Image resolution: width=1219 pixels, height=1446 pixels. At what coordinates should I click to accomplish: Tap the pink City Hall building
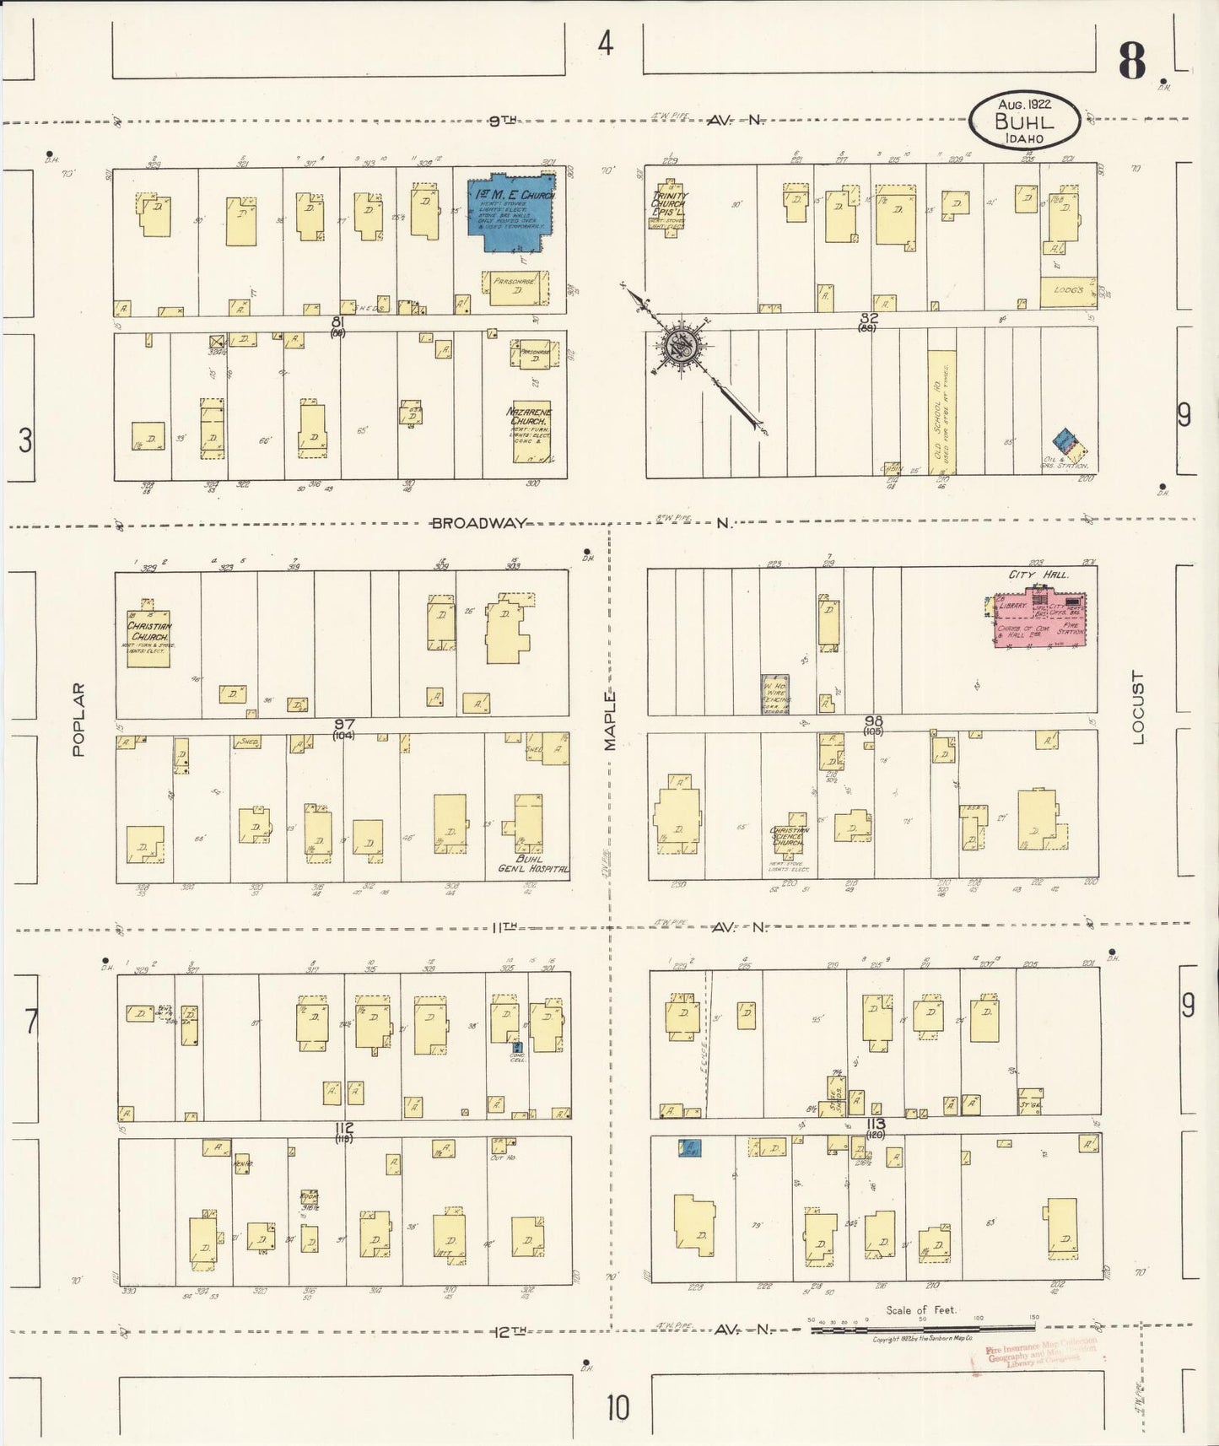(x=1039, y=620)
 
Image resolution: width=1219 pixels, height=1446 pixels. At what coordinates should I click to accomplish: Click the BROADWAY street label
(x=478, y=523)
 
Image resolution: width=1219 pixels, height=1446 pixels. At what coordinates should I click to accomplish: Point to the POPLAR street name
(x=78, y=719)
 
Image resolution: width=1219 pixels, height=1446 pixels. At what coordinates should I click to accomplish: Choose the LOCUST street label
(x=1138, y=707)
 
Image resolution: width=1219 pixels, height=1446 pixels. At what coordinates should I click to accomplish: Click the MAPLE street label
(x=610, y=721)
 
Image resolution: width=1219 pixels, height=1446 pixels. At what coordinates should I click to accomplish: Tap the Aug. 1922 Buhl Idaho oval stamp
(x=1024, y=121)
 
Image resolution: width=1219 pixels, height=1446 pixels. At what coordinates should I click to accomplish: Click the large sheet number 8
(x=1132, y=61)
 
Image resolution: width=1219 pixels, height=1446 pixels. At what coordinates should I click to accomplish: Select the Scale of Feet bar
(x=922, y=1330)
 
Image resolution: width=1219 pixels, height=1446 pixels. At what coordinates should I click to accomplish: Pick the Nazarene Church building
(x=531, y=432)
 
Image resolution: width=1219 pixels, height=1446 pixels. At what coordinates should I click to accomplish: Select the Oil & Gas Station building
(x=1065, y=444)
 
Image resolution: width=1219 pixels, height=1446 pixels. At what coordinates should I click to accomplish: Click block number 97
(x=344, y=724)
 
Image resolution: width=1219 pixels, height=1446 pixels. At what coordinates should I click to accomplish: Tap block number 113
(x=876, y=1124)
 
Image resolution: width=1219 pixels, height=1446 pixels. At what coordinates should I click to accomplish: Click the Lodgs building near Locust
(x=1067, y=290)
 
